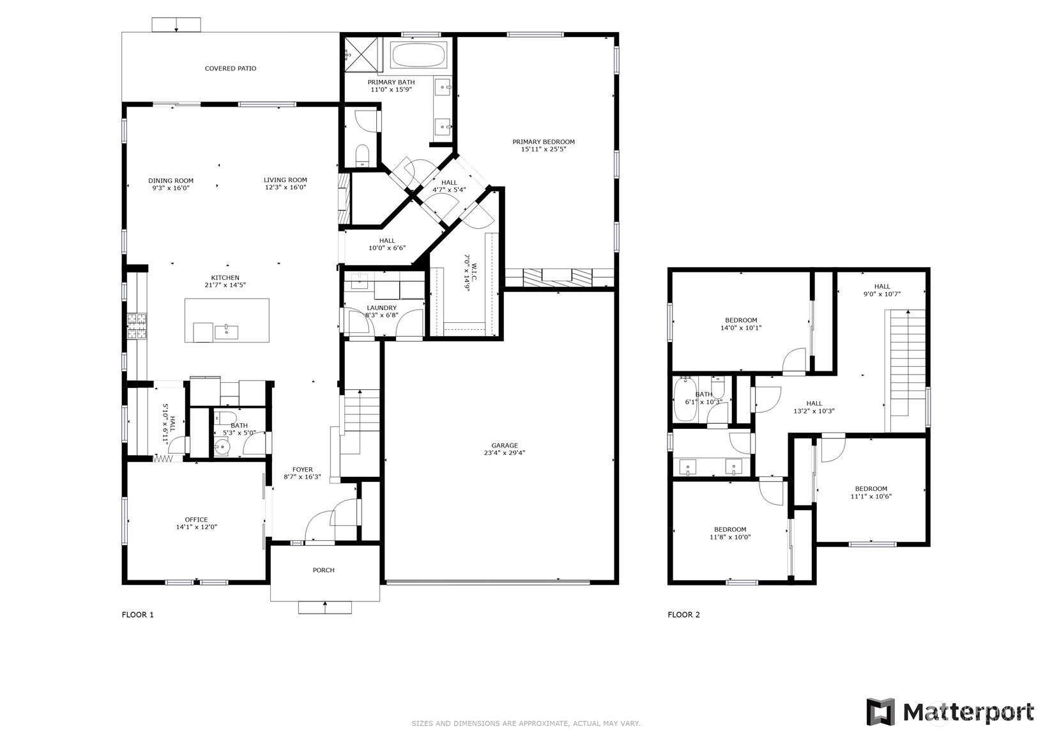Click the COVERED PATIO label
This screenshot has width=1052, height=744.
(231, 68)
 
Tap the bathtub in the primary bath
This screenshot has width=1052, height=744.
(418, 55)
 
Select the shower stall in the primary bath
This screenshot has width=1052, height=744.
(361, 54)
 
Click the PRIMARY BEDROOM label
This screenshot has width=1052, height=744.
(544, 141)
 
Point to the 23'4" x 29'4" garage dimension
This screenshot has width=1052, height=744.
(505, 453)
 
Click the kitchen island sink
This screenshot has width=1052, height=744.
(226, 332)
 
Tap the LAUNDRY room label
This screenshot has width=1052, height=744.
(381, 308)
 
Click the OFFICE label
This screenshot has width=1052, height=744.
(196, 520)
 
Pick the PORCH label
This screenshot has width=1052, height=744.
(324, 570)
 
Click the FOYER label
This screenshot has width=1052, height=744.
(303, 469)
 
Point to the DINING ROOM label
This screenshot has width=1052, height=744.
(171, 180)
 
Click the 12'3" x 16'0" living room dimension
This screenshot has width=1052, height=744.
(286, 187)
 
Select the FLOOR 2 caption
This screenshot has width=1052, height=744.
(684, 614)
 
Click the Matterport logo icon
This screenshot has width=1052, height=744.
(881, 711)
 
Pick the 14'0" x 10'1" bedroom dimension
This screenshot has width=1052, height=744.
(741, 328)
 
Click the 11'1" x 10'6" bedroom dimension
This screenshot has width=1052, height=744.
(871, 496)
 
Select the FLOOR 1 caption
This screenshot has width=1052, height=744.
(137, 614)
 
